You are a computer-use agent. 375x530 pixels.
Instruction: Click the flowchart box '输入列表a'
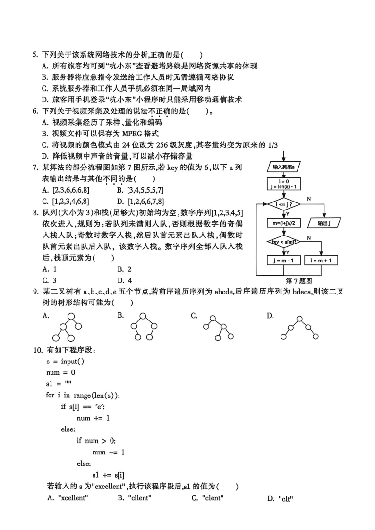click(x=284, y=167)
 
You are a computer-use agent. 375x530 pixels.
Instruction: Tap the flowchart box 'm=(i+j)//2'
click(x=284, y=223)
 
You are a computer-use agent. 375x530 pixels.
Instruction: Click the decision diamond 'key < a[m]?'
click(x=284, y=242)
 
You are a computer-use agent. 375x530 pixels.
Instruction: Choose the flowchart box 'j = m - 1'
click(x=284, y=261)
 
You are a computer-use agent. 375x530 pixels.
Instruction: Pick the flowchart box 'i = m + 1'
click(x=321, y=261)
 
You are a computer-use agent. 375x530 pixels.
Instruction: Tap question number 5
click(x=34, y=55)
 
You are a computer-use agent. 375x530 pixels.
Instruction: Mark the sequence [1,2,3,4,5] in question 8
click(x=226, y=212)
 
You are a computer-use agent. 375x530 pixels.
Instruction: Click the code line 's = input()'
click(x=65, y=361)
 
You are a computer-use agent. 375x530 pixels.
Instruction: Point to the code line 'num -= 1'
click(x=109, y=452)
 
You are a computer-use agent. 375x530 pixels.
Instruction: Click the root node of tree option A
click(x=71, y=317)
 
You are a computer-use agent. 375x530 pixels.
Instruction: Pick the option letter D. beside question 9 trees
click(x=270, y=316)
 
